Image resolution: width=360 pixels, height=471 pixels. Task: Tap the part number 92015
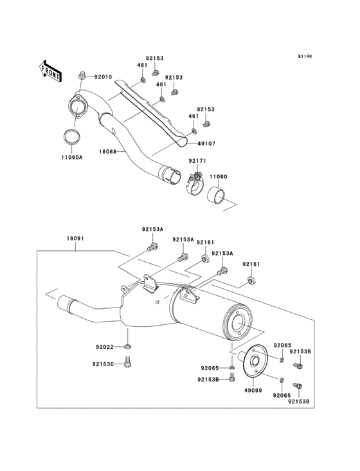point(104,77)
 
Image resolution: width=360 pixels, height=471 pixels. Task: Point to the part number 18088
point(107,152)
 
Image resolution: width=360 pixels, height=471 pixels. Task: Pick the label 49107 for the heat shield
point(206,144)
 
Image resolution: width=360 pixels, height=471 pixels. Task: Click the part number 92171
point(197,161)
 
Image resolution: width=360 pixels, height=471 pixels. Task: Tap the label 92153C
point(103,364)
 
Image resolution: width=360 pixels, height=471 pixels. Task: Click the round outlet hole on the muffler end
point(240,324)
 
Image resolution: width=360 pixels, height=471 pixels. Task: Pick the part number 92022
point(105,347)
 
